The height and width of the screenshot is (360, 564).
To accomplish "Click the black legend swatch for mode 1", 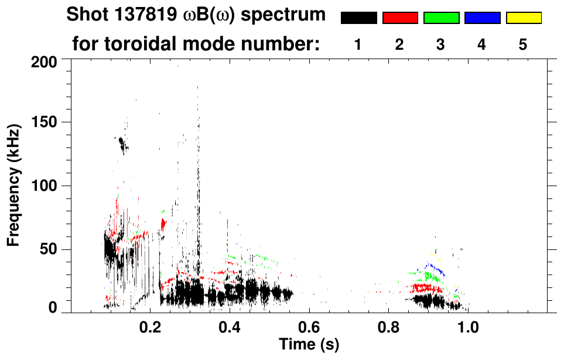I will point(358,18).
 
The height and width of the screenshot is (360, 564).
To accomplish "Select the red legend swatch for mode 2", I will point(400,18).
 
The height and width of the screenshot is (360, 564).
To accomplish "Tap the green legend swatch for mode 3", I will point(441,18).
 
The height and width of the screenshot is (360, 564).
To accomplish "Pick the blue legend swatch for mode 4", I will point(482,18).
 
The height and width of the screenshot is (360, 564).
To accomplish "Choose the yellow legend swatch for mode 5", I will point(523,18).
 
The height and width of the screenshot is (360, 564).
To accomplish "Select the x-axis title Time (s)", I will point(308,344).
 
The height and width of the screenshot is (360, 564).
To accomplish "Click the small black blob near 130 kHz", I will point(122,143).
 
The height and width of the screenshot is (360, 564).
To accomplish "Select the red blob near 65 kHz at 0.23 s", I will point(163,224).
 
